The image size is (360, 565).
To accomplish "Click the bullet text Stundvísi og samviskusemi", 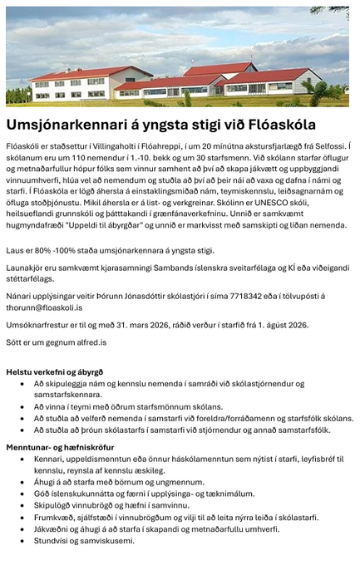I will tap(83, 540).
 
